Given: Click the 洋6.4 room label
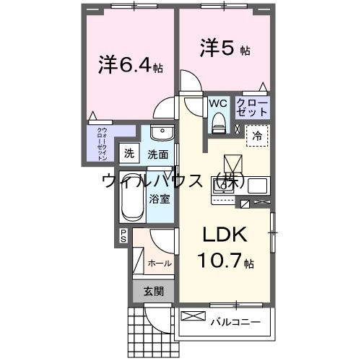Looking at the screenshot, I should (x=130, y=65).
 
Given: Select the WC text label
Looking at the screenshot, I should (x=218, y=103).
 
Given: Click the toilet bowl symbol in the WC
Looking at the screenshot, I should (x=218, y=124).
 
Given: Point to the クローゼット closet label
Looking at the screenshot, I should (x=253, y=108).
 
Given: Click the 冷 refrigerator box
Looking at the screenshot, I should (x=257, y=134).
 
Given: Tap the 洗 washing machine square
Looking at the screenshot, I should (x=129, y=153).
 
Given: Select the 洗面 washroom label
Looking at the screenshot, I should (x=158, y=154).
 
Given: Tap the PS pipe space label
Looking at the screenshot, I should (x=123, y=235).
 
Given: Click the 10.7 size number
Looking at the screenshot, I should (x=217, y=261).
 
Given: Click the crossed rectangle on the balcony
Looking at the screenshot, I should (x=193, y=316).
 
